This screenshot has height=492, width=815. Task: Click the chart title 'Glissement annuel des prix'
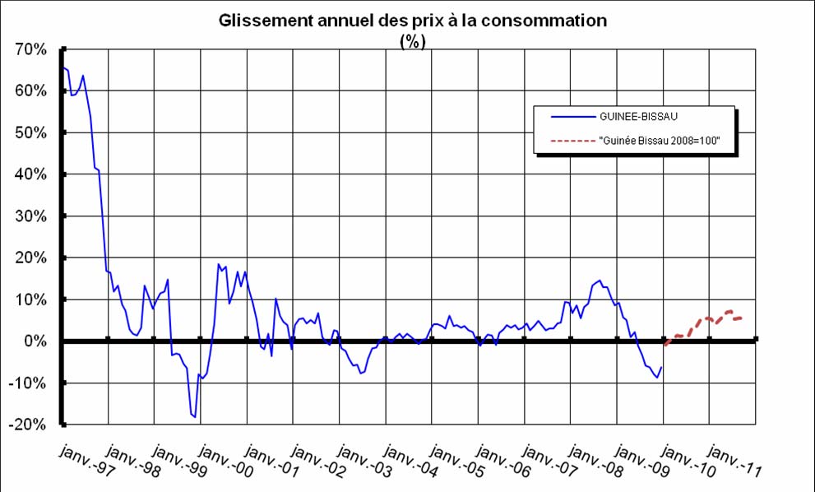pos(412,21)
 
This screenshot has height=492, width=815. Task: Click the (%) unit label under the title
pos(412,43)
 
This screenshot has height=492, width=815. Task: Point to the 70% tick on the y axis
pos(30,49)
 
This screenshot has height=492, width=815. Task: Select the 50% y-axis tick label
pos(30,132)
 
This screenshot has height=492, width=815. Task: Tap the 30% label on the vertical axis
pos(30,216)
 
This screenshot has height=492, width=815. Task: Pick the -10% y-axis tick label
pos(29,383)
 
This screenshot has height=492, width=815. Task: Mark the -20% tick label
pos(29,425)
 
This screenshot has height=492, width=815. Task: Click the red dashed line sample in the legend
pos(558,141)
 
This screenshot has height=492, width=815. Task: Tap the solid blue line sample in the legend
pos(558,117)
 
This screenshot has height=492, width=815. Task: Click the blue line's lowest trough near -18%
pos(195,417)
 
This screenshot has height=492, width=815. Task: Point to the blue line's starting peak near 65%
pos(63,67)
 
